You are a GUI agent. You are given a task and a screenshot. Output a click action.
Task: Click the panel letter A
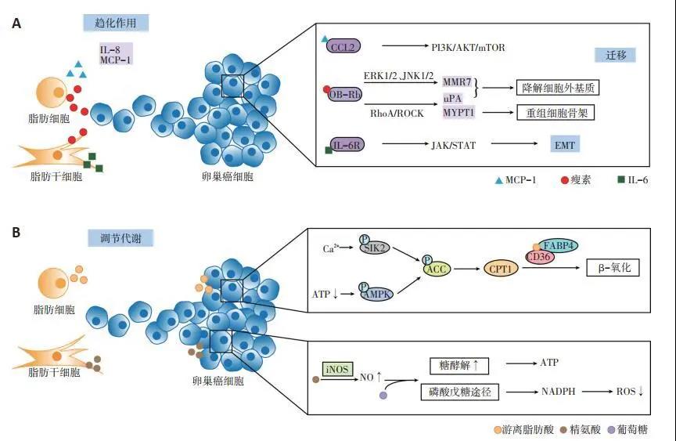coord(16,24)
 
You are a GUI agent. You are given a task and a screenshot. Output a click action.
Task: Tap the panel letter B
coord(16,232)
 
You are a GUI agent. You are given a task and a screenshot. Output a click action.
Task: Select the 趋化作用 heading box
coord(115,23)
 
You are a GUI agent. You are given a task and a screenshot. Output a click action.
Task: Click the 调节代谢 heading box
coord(120,237)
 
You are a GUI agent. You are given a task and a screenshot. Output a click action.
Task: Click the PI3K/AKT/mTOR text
coord(469,48)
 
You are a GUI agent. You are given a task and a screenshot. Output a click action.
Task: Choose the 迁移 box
coord(614,55)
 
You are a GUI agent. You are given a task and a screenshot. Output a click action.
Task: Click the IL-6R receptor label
coord(347,144)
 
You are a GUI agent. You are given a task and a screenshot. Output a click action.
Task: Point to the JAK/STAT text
coord(453,145)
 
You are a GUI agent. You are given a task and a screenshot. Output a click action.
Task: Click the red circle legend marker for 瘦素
coord(566,180)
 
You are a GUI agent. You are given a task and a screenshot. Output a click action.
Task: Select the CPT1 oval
coord(502,269)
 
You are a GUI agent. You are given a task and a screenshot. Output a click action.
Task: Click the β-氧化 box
coord(614,268)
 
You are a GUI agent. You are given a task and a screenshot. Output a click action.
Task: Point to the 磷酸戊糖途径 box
coord(464,392)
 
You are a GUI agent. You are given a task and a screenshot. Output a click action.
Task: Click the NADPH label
coord(559,392)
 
